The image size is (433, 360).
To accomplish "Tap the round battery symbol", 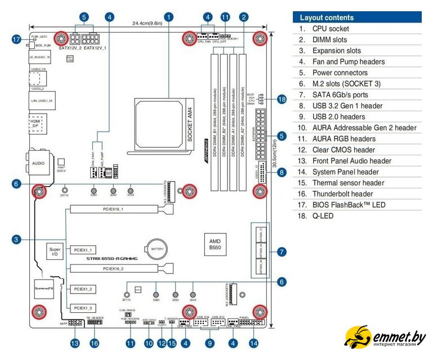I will pyautogui.click(x=157, y=247).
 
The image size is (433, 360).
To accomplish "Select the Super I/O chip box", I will pyautogui.click(x=55, y=251).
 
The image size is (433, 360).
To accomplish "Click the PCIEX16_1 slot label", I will pyautogui.click(x=113, y=209).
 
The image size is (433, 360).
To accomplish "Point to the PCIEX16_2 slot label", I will pyautogui.click(x=113, y=269).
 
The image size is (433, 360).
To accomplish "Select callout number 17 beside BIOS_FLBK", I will pyautogui.click(x=16, y=39).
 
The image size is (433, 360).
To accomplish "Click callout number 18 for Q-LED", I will pyautogui.click(x=282, y=99).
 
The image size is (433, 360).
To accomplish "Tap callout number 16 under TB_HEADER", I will pyautogui.click(x=95, y=343).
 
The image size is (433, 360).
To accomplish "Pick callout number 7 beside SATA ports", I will pyautogui.click(x=282, y=251).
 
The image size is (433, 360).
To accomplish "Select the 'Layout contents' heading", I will pyautogui.click(x=327, y=17).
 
